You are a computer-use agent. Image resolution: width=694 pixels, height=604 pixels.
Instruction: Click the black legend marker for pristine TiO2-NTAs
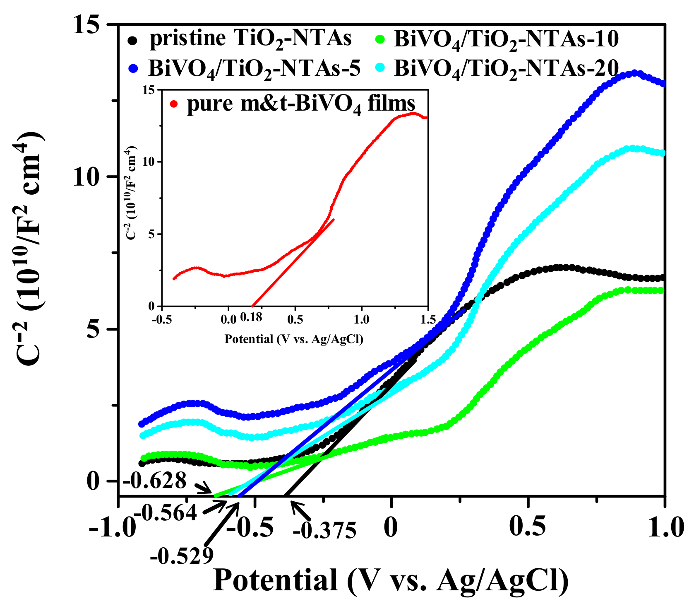(x=132, y=41)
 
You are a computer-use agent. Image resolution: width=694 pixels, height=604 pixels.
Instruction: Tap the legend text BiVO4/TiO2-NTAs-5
(x=254, y=69)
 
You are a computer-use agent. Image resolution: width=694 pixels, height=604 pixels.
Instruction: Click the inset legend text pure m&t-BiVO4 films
(x=301, y=103)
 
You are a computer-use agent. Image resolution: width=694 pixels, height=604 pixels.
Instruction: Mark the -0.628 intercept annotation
(x=155, y=481)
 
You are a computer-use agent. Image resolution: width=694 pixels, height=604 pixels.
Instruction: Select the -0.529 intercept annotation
(x=183, y=556)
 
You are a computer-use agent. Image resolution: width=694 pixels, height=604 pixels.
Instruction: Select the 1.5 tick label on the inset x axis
(x=428, y=319)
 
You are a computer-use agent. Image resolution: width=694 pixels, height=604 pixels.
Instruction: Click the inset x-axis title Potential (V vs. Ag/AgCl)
(x=293, y=339)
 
